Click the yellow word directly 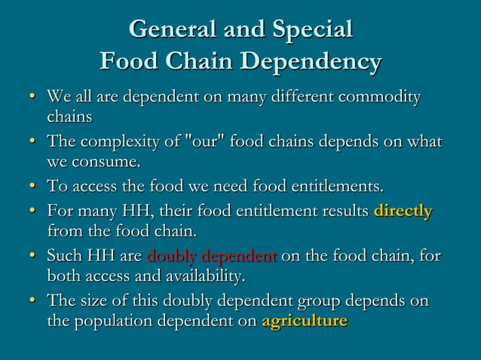click(403, 211)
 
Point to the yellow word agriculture click(305, 321)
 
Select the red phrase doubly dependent click(213, 257)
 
